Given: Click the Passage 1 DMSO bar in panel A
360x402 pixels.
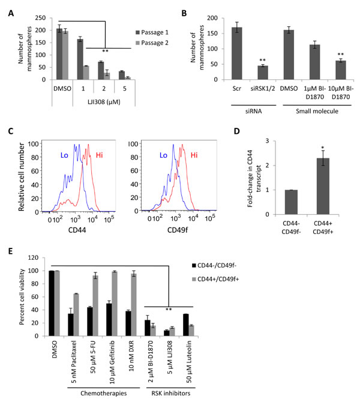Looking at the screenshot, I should click(59, 54).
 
